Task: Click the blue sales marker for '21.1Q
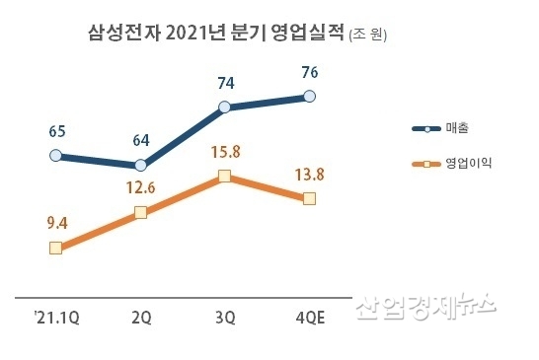coord(55,155)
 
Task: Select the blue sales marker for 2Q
coord(140,165)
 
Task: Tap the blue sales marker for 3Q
coord(224,107)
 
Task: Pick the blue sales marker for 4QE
coord(310,96)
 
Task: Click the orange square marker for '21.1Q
coord(55,248)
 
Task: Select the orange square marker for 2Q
coord(140,212)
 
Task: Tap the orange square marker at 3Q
coord(224,177)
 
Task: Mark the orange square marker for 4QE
coord(310,198)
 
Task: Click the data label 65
coord(56,130)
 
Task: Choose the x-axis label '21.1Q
coord(54,318)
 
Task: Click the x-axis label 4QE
coord(309,318)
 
